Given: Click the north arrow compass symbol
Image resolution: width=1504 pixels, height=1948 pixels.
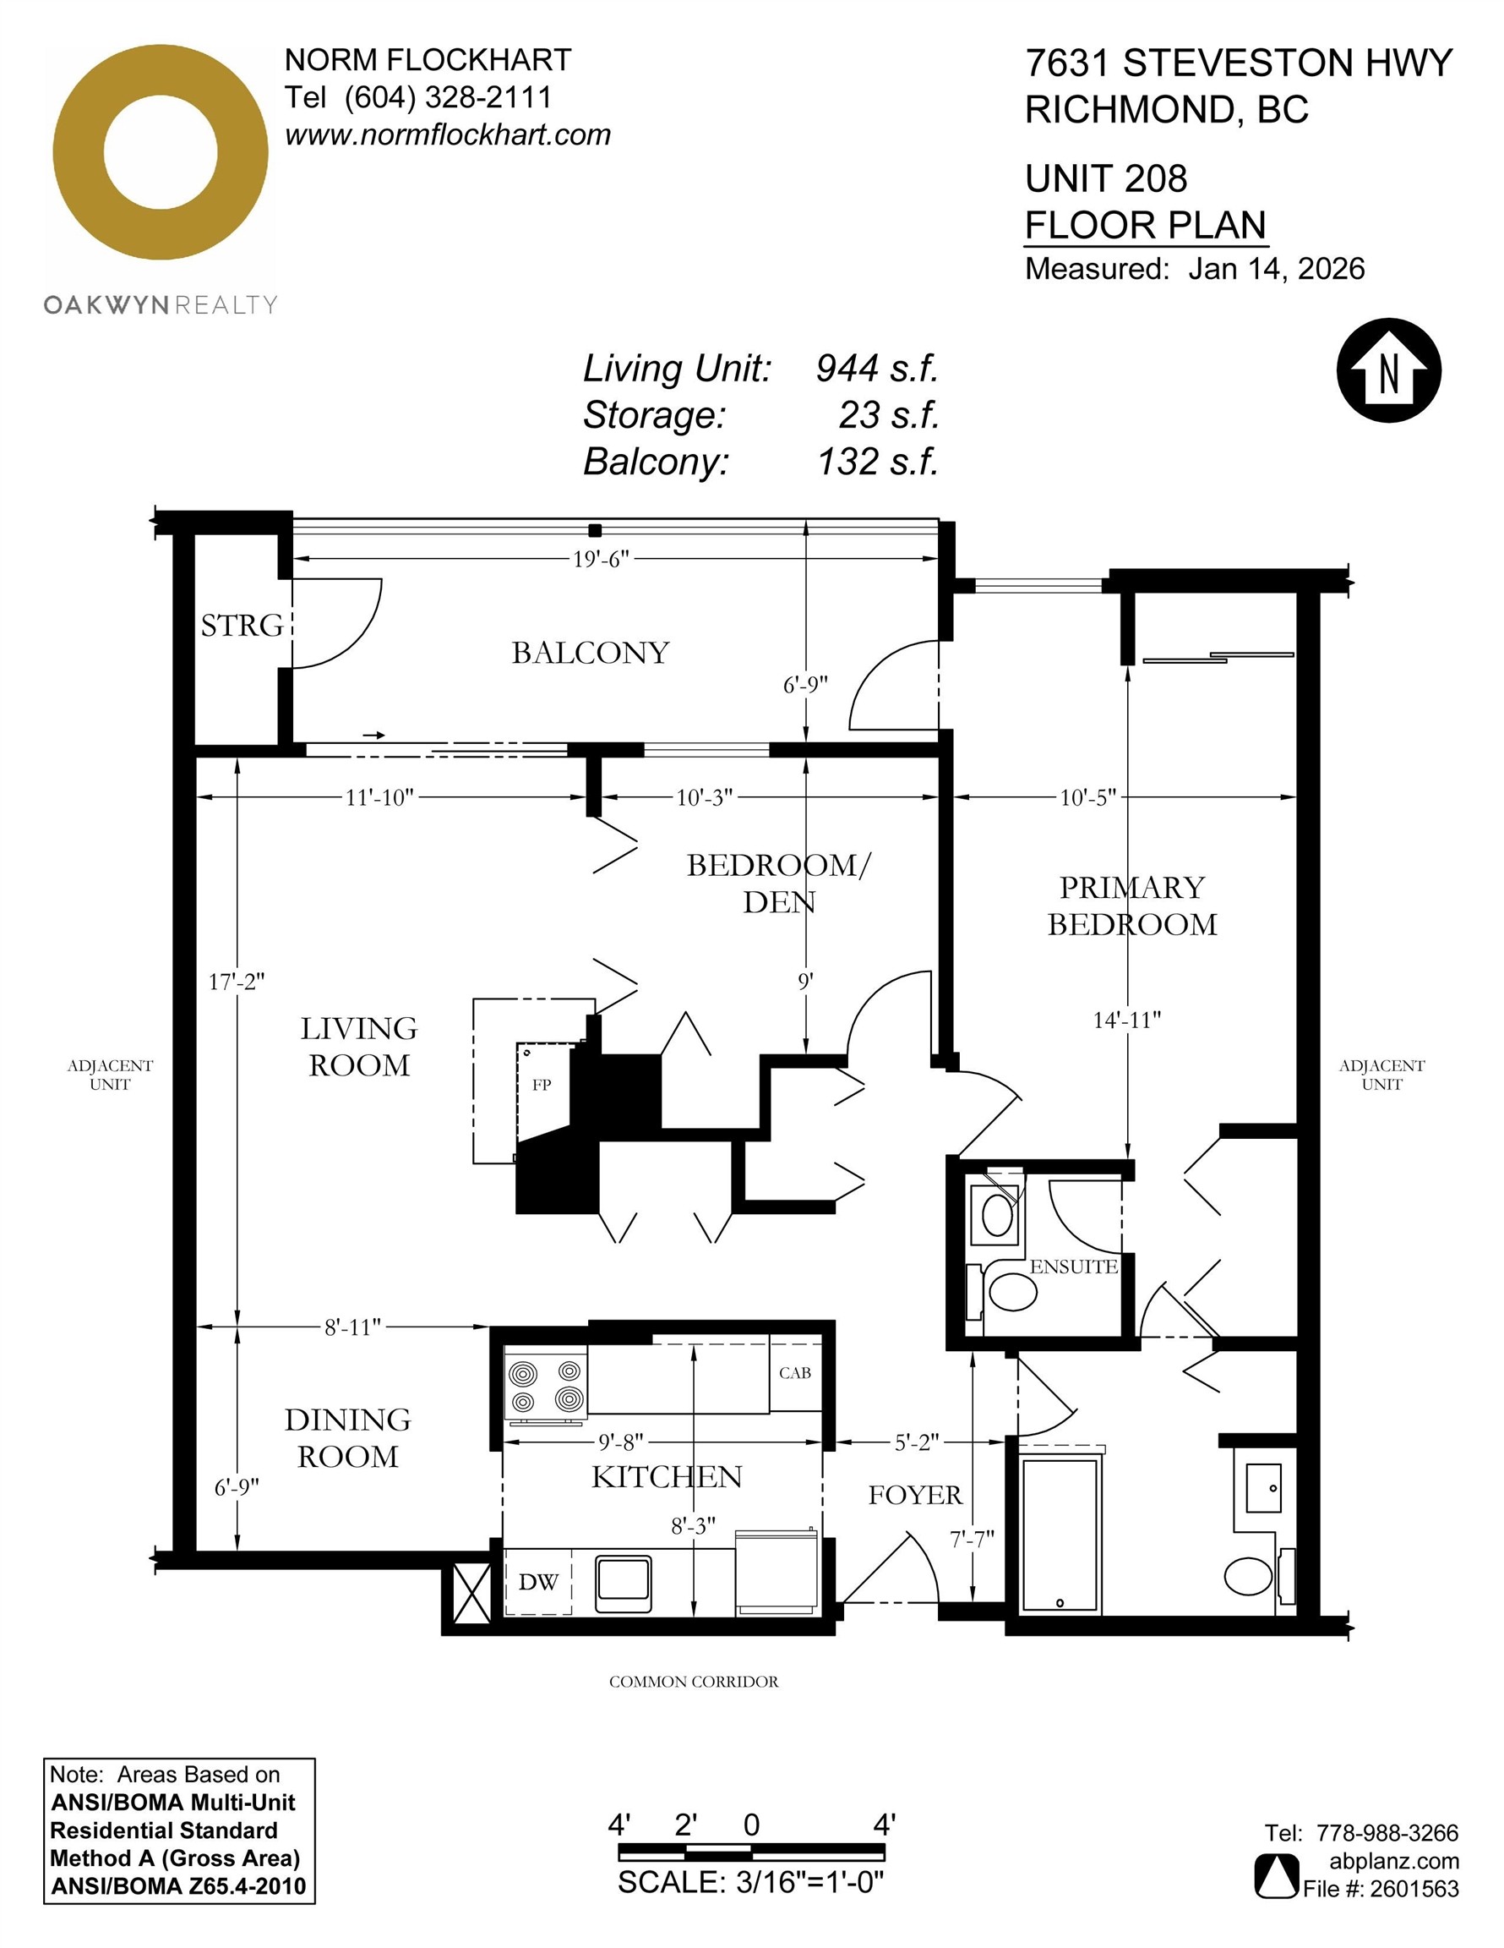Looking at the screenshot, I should (1388, 369).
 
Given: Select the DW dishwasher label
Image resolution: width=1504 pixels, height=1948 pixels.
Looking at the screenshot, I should (538, 1581).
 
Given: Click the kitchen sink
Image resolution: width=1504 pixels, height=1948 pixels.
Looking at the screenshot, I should (624, 1579).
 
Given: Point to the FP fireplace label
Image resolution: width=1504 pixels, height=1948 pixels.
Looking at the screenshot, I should (541, 1085).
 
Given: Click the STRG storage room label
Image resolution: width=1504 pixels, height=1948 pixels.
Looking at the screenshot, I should (242, 626).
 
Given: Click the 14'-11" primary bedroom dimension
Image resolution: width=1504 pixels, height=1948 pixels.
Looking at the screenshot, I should (1127, 1020).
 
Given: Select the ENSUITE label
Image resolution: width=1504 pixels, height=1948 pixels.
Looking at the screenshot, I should (1073, 1267).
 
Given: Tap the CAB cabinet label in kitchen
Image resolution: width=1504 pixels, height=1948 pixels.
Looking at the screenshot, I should (794, 1373).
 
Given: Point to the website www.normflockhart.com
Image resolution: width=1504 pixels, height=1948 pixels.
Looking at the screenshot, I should (448, 134).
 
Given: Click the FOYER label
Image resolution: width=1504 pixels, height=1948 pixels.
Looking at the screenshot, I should (916, 1495).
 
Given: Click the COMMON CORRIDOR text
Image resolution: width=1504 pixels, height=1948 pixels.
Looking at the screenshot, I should (694, 1682).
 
